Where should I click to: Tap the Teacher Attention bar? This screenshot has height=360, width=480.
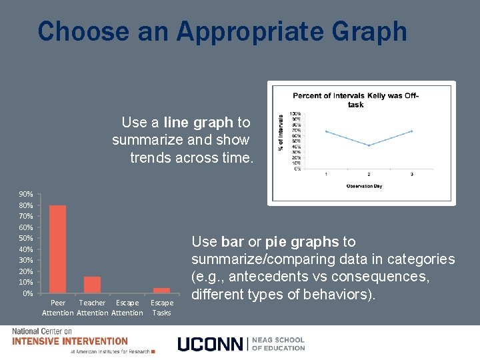pyautogui.click(x=93, y=285)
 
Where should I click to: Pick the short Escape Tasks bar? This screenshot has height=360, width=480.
pyautogui.click(x=161, y=290)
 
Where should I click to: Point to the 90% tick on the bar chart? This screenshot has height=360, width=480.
pyautogui.click(x=25, y=194)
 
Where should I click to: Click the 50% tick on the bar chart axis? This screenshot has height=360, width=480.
pyautogui.click(x=25, y=238)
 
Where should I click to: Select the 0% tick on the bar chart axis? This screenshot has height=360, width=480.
pyautogui.click(x=27, y=293)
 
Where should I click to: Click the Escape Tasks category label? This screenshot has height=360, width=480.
pyautogui.click(x=161, y=307)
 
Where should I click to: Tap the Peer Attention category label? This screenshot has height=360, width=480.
pyautogui.click(x=58, y=307)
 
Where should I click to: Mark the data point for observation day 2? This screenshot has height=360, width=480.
pyautogui.click(x=369, y=145)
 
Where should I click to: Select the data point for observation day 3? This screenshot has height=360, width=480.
pyautogui.click(x=412, y=131)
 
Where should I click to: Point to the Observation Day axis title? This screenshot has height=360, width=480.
pyautogui.click(x=368, y=185)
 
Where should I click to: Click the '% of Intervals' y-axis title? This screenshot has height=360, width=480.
pyautogui.click(x=281, y=141)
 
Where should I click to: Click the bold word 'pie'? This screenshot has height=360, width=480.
pyautogui.click(x=277, y=241)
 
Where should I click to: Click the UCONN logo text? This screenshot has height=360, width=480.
pyautogui.click(x=211, y=343)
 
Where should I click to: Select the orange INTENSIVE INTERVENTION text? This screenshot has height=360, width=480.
pyautogui.click(x=70, y=341)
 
